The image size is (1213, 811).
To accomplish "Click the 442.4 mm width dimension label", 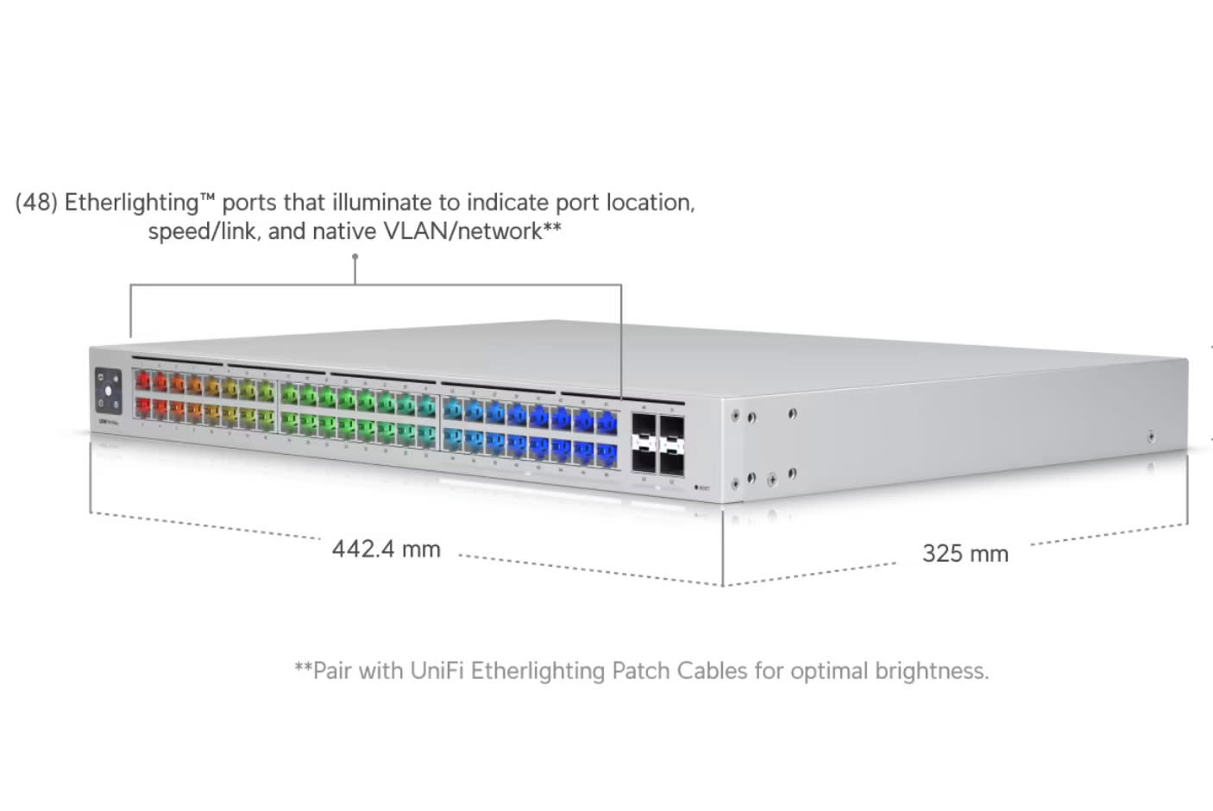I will point(386,549).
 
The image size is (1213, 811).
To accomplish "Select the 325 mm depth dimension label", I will point(965,553).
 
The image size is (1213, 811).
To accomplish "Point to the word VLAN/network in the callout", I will point(462,231).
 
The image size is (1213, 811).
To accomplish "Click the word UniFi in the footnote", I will point(437,670).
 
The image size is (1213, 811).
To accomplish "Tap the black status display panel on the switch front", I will point(108,391).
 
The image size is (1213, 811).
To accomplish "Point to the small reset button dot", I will point(696,488).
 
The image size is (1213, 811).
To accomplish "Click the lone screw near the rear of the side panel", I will point(1151,437).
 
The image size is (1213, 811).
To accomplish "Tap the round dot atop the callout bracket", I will point(355,256).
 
